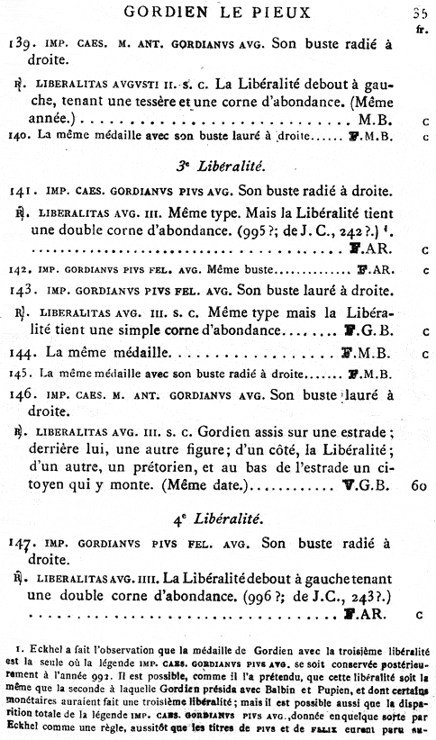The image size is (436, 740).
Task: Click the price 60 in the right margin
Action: coord(417,487)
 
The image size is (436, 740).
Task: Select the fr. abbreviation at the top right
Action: coord(422,28)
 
